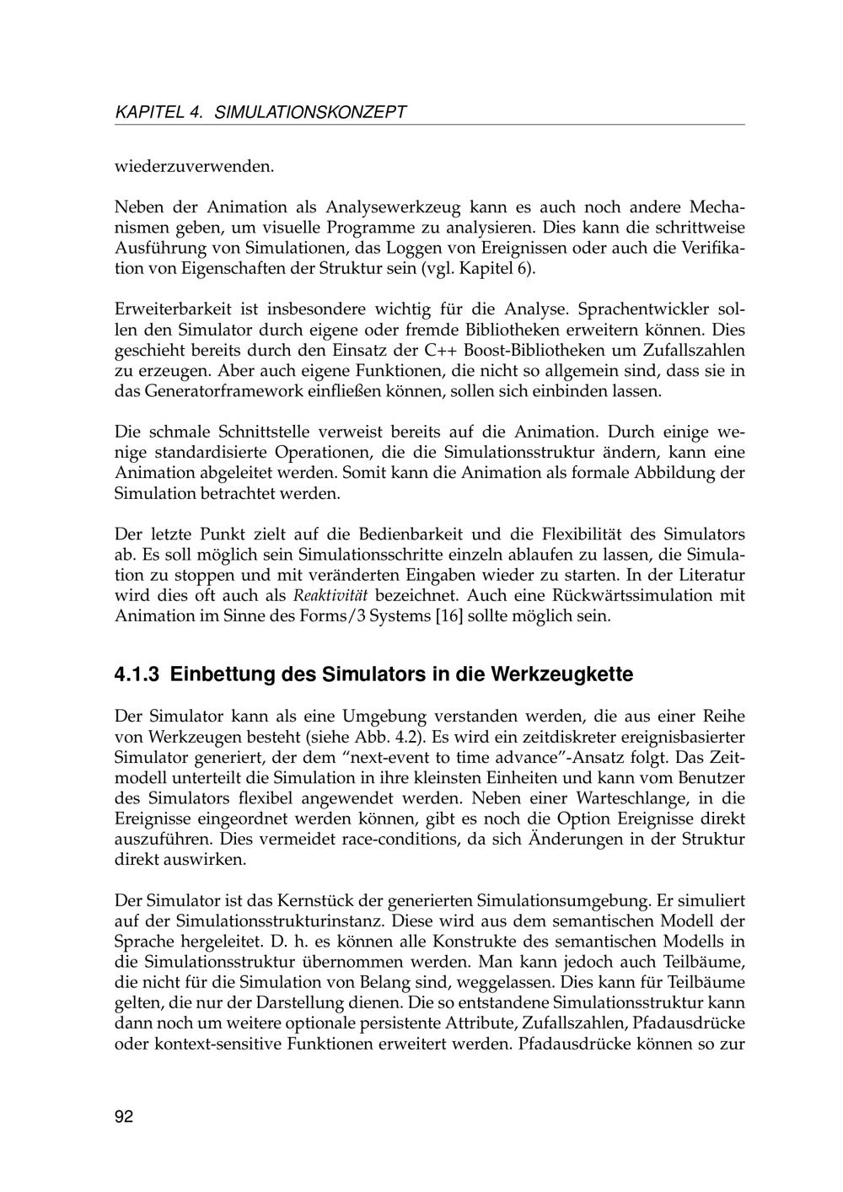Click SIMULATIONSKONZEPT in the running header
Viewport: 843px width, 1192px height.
click(311, 112)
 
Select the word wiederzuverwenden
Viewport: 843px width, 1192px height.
click(194, 166)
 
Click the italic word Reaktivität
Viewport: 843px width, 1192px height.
click(330, 596)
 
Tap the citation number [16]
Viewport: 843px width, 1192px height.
click(448, 616)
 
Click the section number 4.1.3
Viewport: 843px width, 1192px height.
click(137, 675)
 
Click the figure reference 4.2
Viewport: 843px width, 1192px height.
click(408, 737)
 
